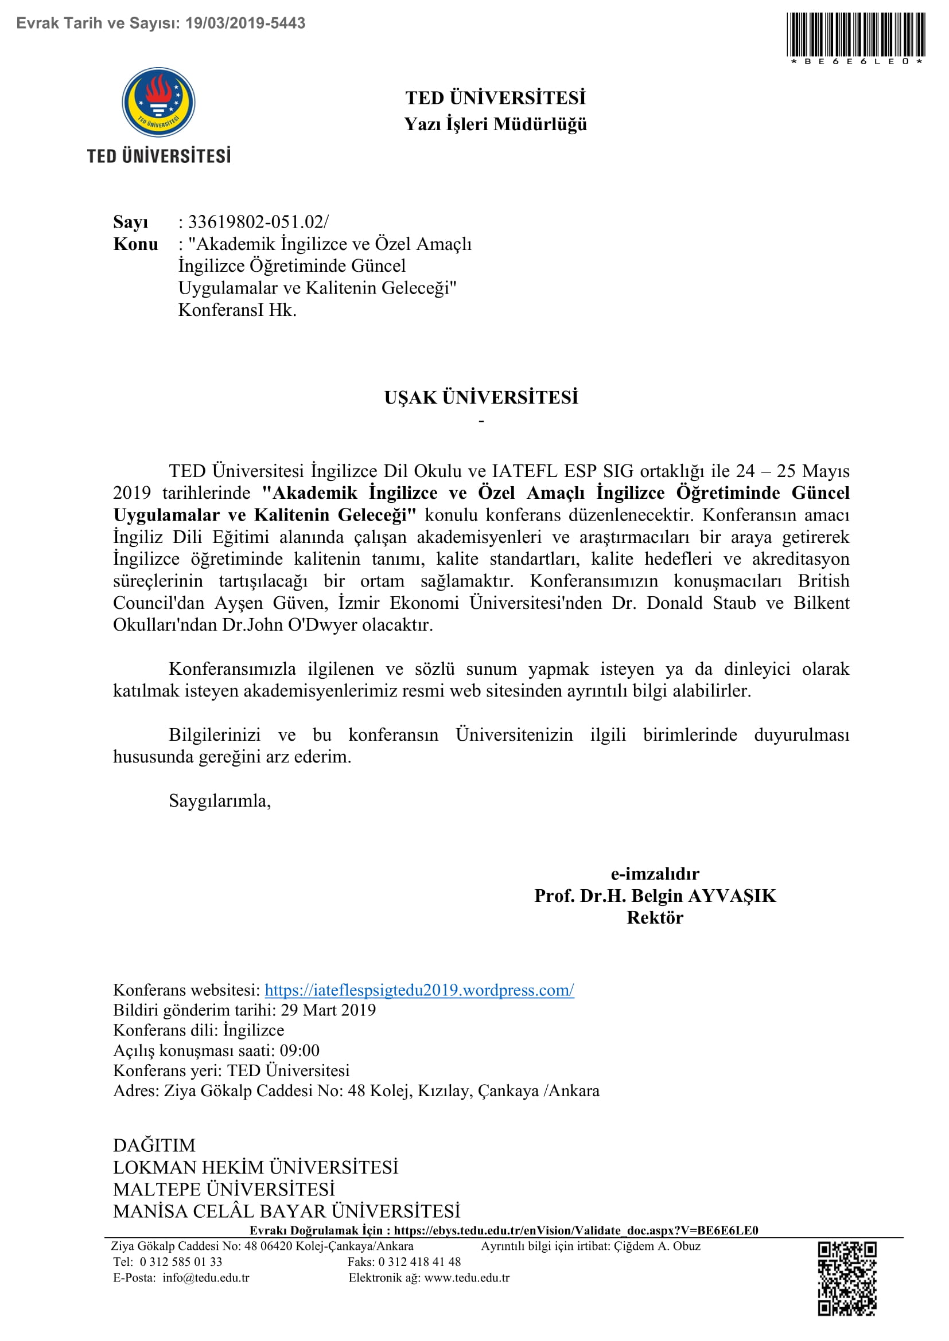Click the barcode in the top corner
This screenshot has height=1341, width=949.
coord(857,35)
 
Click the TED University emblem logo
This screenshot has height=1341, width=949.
coord(158,103)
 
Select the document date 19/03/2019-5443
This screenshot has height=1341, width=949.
coord(246,24)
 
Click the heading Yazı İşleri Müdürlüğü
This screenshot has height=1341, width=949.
coord(495,124)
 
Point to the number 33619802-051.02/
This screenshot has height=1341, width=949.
coord(258,222)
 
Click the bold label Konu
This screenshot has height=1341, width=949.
coord(135,244)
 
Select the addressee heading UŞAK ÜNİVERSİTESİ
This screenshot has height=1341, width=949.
coord(481,398)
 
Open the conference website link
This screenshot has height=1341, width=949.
coord(419,990)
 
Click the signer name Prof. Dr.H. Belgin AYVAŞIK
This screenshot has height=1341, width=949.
coord(655,896)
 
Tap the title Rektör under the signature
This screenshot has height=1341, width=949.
coord(655,917)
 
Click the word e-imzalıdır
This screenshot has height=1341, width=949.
coord(655,874)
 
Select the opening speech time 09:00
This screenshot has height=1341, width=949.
coord(299,1050)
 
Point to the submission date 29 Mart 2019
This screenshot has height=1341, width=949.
coord(328,1010)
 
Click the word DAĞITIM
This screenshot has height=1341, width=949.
coord(154,1145)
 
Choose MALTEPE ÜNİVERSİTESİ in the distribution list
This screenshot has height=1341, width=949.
coord(224,1189)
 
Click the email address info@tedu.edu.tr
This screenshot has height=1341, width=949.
coord(206,1277)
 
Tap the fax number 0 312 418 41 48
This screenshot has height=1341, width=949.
coord(419,1261)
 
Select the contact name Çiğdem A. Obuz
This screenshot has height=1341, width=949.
coord(657,1246)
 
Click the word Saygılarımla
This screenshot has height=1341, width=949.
coord(220,801)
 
